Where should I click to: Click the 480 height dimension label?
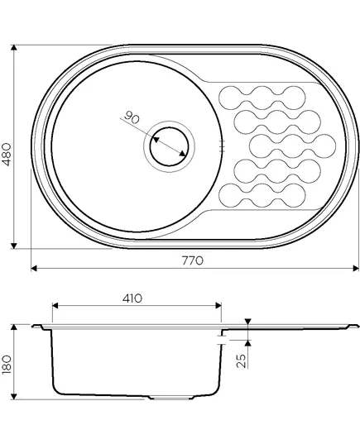[x=7, y=155]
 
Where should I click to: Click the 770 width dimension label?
[x=193, y=260]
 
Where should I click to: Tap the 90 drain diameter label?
[x=132, y=117]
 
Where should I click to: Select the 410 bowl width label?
[x=132, y=298]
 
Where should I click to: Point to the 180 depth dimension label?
[x=7, y=365]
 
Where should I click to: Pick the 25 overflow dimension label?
[x=241, y=360]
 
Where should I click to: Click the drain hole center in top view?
[x=169, y=146]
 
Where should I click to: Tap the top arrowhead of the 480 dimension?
[x=13, y=48]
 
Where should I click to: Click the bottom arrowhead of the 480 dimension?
[x=13, y=246]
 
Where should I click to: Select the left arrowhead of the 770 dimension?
[x=34, y=268]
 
